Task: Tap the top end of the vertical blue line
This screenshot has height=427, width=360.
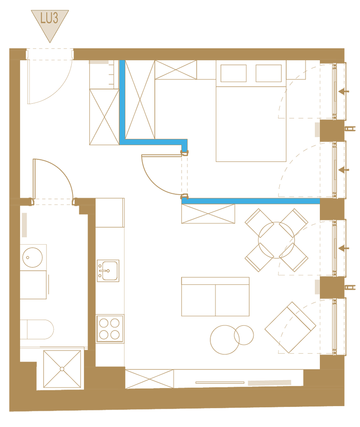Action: pyautogui.click(x=122, y=61)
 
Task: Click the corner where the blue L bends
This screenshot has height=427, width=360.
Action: pyautogui.click(x=122, y=142)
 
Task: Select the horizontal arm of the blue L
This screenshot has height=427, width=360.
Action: pyautogui.click(x=154, y=142)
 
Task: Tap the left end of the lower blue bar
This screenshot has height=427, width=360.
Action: pyautogui.click(x=183, y=201)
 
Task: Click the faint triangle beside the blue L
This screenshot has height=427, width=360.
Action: pyautogui.click(x=193, y=128)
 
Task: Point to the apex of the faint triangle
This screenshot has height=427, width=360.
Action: pyautogui.click(x=188, y=113)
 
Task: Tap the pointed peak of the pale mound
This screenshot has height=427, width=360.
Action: pyautogui.click(x=209, y=177)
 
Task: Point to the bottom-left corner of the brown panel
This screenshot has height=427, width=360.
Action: pyautogui.click(x=9, y=411)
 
